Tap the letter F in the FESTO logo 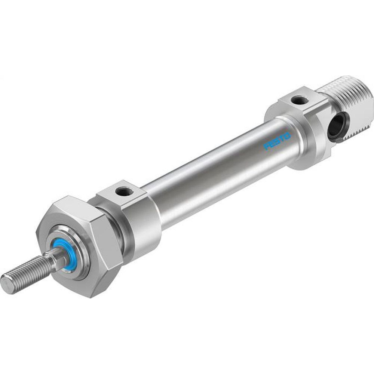coord(267,147)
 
